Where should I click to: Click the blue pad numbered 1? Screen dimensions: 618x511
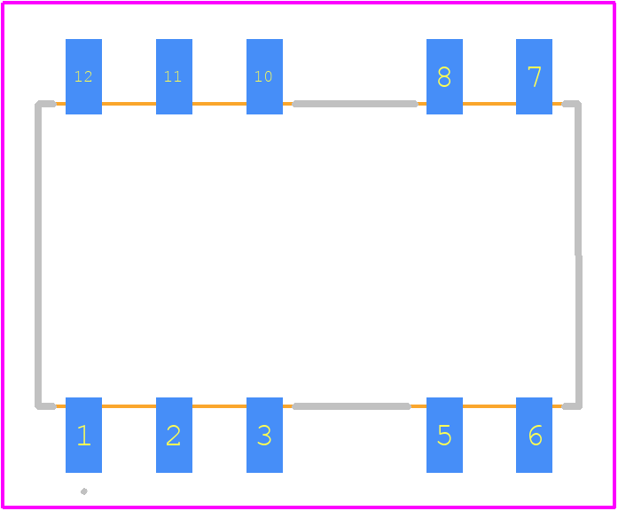coord(83,435)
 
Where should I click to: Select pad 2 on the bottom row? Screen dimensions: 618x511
coord(174,435)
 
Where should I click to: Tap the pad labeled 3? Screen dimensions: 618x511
coord(264,435)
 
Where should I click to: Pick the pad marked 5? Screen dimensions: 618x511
coord(444,435)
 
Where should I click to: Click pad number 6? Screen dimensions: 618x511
coord(534,435)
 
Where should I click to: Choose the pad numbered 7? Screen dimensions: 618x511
coord(534,76)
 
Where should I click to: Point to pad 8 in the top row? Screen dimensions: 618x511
coord(444,76)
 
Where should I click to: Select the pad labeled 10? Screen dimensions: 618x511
coord(264,76)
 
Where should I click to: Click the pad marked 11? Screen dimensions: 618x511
coord(174,76)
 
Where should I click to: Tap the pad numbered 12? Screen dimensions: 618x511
coord(83,76)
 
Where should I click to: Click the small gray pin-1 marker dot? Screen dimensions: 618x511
coord(84,491)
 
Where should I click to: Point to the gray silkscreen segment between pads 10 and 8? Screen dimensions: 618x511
coord(355,104)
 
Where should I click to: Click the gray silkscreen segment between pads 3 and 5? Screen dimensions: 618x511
coord(352,406)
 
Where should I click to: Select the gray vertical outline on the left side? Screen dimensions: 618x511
coord(38,255)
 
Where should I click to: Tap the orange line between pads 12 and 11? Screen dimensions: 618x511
coord(129,104)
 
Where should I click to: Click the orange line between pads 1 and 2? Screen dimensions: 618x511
coord(129,406)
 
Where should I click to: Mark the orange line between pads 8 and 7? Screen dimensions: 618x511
coord(489,104)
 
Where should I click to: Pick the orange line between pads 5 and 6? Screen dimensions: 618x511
coord(489,406)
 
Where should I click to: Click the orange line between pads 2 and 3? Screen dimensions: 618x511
coord(219,406)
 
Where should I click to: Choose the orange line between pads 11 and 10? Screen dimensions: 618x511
coord(219,104)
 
